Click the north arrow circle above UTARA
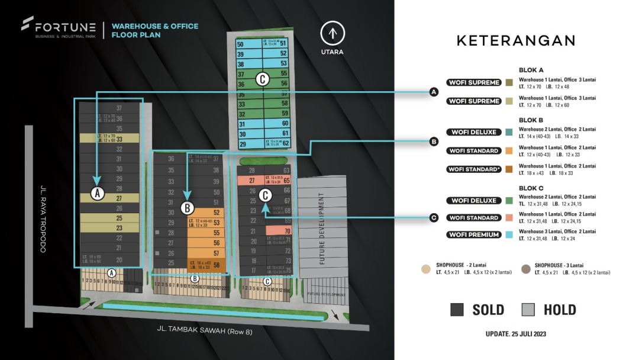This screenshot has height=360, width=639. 333,33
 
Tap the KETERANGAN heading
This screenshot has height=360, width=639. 515,40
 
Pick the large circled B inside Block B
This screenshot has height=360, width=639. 187,208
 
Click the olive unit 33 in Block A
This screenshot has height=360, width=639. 109,139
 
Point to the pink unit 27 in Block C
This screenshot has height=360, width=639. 251,181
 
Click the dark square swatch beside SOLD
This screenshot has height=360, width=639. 457,310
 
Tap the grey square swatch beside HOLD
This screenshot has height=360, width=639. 528,310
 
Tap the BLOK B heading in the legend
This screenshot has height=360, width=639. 531,119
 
